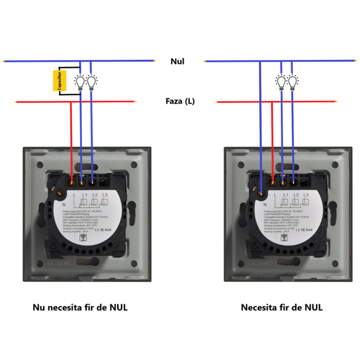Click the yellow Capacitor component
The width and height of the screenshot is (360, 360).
pos(60,81)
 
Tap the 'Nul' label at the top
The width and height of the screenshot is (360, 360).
pos(177,61)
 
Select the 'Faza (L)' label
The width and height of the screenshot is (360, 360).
pos(180,101)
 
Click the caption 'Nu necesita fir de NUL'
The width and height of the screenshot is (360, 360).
pos(80,308)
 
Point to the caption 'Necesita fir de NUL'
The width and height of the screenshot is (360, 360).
pos(282,308)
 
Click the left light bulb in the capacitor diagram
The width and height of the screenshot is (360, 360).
pos(81,81)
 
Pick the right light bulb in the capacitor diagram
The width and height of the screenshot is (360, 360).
pos(92,81)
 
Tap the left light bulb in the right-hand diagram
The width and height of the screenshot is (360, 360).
pos(281,81)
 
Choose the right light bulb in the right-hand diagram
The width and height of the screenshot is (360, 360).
pos(293,81)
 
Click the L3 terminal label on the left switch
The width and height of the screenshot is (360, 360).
pos(104,195)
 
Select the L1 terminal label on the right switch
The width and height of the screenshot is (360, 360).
pos(285,195)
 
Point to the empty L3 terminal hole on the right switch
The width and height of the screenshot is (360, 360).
pos(305,181)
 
